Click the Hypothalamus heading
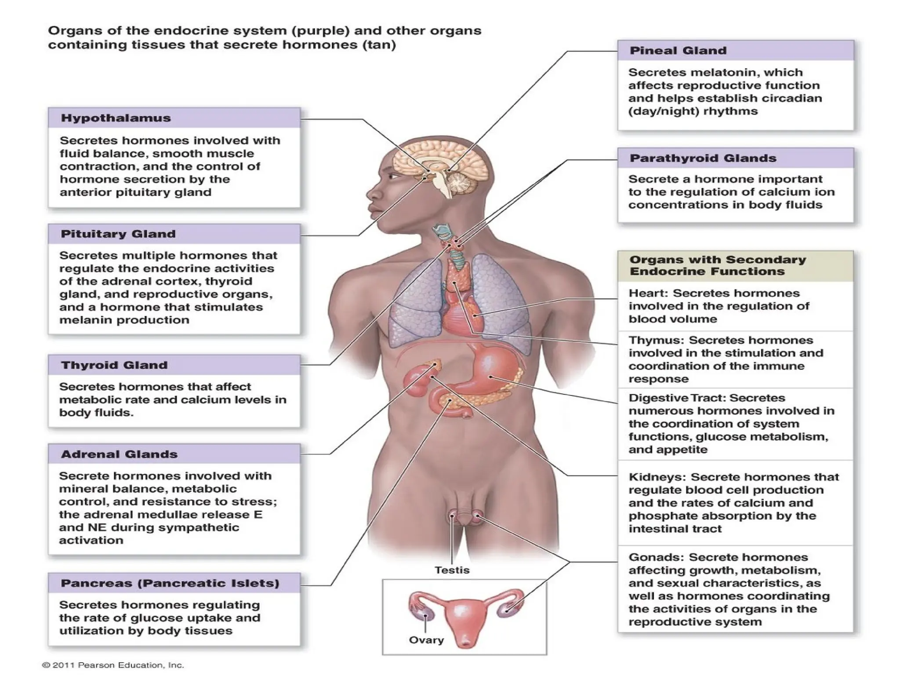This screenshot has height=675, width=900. point(116,118)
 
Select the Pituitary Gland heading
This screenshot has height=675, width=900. point(118,234)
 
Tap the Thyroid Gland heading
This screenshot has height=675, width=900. point(114,365)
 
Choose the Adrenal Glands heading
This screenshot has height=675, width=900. point(119,454)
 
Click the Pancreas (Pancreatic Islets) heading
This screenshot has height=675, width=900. point(170,584)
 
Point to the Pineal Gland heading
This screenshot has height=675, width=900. point(678,51)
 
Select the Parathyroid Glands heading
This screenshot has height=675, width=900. point(703,158)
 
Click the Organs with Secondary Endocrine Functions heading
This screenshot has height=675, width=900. point(717,265)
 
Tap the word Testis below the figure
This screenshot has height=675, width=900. point(452,570)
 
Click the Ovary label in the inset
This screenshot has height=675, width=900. point(426,640)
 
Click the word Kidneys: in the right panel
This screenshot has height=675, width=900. point(657,477)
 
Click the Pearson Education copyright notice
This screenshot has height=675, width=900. point(113,665)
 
